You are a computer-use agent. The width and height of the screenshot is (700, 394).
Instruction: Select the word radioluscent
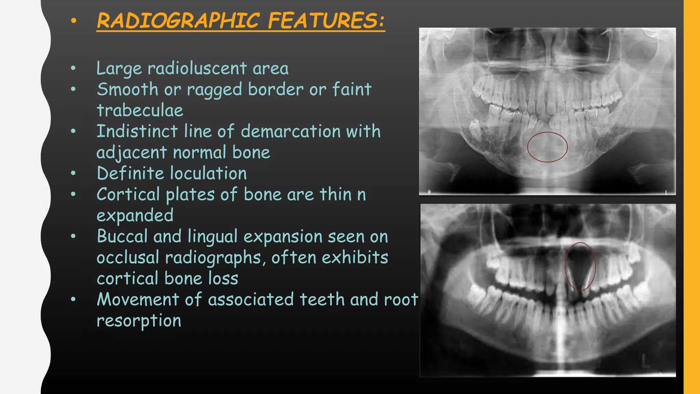[197, 68]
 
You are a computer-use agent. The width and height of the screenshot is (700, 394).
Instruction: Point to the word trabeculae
[140, 110]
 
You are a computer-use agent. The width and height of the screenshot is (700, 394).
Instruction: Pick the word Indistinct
[137, 131]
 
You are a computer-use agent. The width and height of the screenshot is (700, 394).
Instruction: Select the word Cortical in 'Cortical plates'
[128, 194]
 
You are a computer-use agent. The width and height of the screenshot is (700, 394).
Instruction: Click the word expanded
[135, 216]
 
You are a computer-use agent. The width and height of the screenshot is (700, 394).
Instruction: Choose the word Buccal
[122, 236]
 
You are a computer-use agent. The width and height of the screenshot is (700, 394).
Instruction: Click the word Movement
[138, 299]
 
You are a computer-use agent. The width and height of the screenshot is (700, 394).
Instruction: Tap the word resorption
[139, 321]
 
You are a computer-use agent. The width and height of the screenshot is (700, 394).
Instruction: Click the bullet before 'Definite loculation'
[73, 173]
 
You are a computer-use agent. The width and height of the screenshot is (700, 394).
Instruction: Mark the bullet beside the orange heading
[73, 21]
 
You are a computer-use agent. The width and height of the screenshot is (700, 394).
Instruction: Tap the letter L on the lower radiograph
[645, 362]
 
